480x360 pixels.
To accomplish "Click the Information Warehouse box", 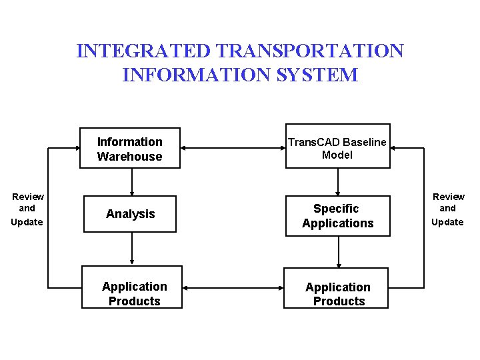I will pos(130,148).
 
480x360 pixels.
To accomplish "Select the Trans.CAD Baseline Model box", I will pos(338,146).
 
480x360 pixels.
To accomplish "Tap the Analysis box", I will pos(130,214).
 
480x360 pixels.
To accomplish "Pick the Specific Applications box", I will pos(338,216).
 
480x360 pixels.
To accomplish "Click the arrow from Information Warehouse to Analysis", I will pos(132,181).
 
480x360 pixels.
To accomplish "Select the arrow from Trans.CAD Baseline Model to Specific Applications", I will pos(339,181).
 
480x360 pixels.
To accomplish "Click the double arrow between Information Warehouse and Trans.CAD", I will pos(233,148).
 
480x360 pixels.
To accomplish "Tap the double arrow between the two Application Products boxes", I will pos(233,288).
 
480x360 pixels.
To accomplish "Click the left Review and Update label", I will pos(27,209).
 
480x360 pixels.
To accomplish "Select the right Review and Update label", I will pos(448,209).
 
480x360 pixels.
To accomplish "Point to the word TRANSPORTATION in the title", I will pos(310,51).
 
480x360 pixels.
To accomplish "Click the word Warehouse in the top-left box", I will pos(129,157).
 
